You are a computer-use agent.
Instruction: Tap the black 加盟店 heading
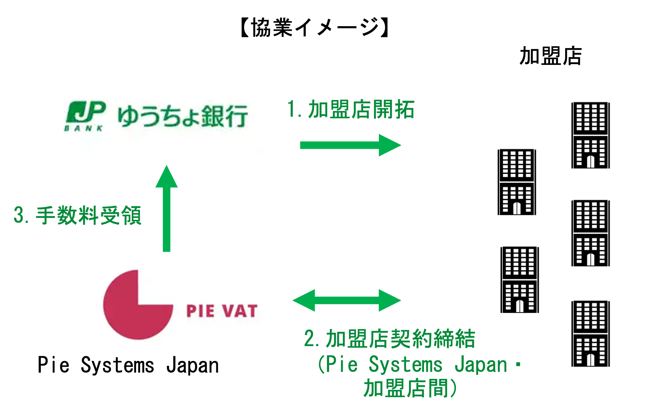point(550,56)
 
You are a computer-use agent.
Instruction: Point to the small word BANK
point(84,128)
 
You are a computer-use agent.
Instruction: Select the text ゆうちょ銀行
point(183,116)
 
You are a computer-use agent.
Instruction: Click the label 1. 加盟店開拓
point(351,109)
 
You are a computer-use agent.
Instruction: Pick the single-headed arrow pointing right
point(350,145)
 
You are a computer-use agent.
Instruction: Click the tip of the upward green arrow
point(167,168)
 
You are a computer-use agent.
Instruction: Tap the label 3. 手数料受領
point(78,215)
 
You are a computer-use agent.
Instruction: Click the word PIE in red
point(200,311)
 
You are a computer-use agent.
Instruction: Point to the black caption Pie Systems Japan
point(128,365)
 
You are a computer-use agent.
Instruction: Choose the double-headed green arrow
point(346,300)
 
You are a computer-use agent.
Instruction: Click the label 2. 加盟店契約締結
point(389,339)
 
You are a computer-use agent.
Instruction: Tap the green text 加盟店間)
point(410,389)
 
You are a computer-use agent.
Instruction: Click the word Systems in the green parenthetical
point(405,365)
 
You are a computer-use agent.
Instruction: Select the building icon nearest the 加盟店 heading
point(590,135)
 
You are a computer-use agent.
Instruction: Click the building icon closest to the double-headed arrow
point(519,280)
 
